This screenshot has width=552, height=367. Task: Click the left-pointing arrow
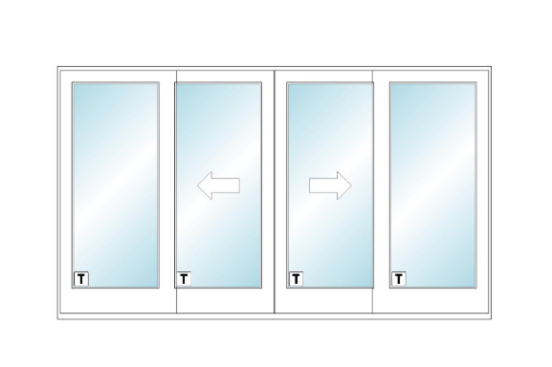coord(218,185)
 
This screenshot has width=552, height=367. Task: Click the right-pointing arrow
coord(330,185)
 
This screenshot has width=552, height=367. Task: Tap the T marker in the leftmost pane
coord(81,279)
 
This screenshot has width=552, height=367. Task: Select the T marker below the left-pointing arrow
coord(184,279)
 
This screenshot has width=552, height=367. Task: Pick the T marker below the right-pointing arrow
coord(296,279)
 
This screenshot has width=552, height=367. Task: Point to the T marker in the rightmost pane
coord(399,279)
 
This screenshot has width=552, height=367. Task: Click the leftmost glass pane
coord(116,184)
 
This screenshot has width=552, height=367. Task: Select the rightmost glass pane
coord(433,184)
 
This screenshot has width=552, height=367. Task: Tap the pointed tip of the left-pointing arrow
coord(197,185)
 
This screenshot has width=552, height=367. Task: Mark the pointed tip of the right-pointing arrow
coord(351,185)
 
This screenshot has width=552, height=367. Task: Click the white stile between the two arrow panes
coord(275,191)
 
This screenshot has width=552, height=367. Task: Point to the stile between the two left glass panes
coord(167,191)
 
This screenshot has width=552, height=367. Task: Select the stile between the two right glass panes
coord(382,191)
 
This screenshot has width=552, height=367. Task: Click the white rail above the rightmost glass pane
coord(431,76)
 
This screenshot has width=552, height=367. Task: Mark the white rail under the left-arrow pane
coord(226,300)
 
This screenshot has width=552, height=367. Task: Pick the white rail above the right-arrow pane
coord(323,76)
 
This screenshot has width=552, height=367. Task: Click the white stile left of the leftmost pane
coord(66,191)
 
